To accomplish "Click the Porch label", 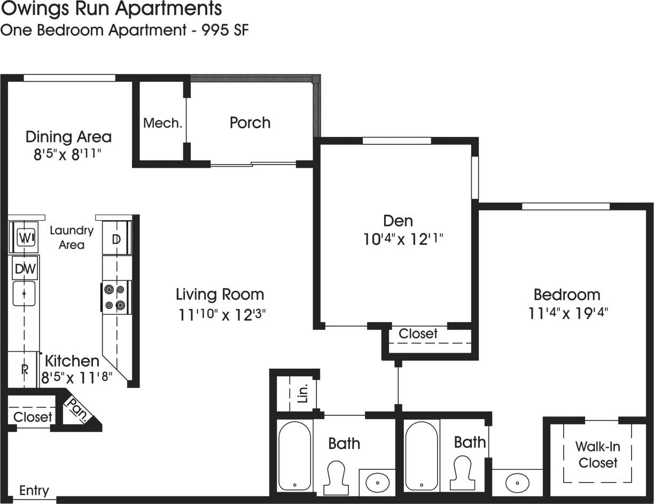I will point(250,122).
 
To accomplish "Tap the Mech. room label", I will point(162,123).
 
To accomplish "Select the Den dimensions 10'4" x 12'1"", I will point(403,239).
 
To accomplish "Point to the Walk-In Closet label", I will point(598,454).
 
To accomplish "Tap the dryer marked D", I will point(116,238).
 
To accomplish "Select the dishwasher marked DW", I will point(25,269).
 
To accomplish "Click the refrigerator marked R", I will point(24,369).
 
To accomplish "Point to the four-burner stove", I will point(115,297).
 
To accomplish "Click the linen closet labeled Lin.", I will point(302,394).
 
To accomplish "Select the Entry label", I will point(34,490).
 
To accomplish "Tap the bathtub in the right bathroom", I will point(421,455).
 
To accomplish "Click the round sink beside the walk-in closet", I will point(517,482).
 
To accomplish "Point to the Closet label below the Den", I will point(418,334).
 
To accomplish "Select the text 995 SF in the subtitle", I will point(225,30).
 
